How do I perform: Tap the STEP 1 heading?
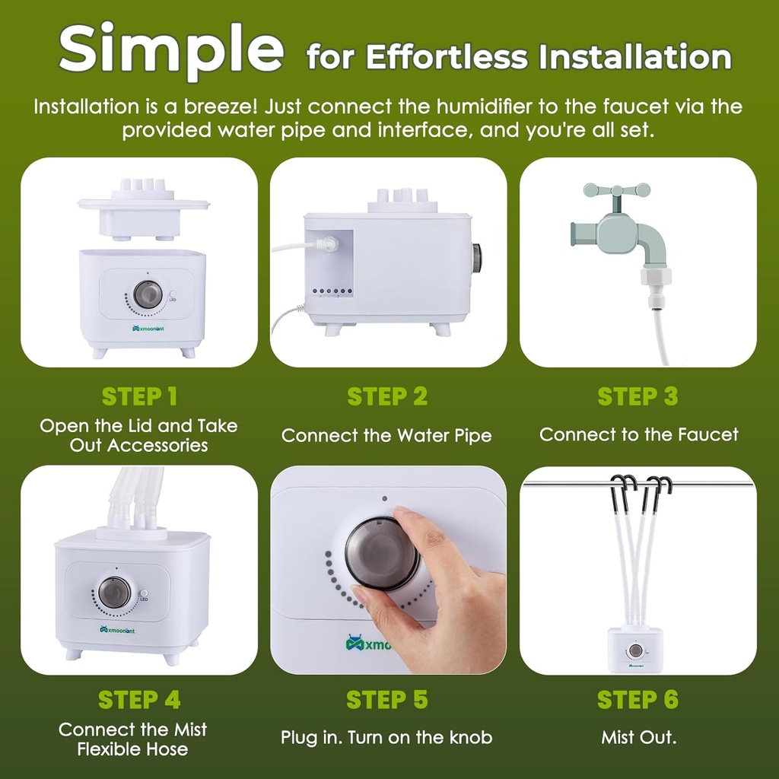click(x=139, y=396)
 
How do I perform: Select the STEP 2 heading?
click(x=387, y=396)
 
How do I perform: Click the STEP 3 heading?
click(x=638, y=396)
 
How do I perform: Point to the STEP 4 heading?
click(x=139, y=699)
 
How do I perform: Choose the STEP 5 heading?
click(x=387, y=699)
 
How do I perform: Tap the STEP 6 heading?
click(x=638, y=699)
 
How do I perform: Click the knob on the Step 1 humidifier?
click(x=148, y=294)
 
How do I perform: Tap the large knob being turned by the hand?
click(x=382, y=553)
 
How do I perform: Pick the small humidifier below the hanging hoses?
click(x=635, y=650)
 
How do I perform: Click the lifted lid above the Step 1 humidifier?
click(x=144, y=208)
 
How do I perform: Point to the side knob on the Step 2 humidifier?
click(x=477, y=259)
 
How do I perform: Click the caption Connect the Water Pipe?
click(x=386, y=436)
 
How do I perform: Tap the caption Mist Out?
click(x=638, y=737)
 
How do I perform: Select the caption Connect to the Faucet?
click(x=638, y=435)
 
